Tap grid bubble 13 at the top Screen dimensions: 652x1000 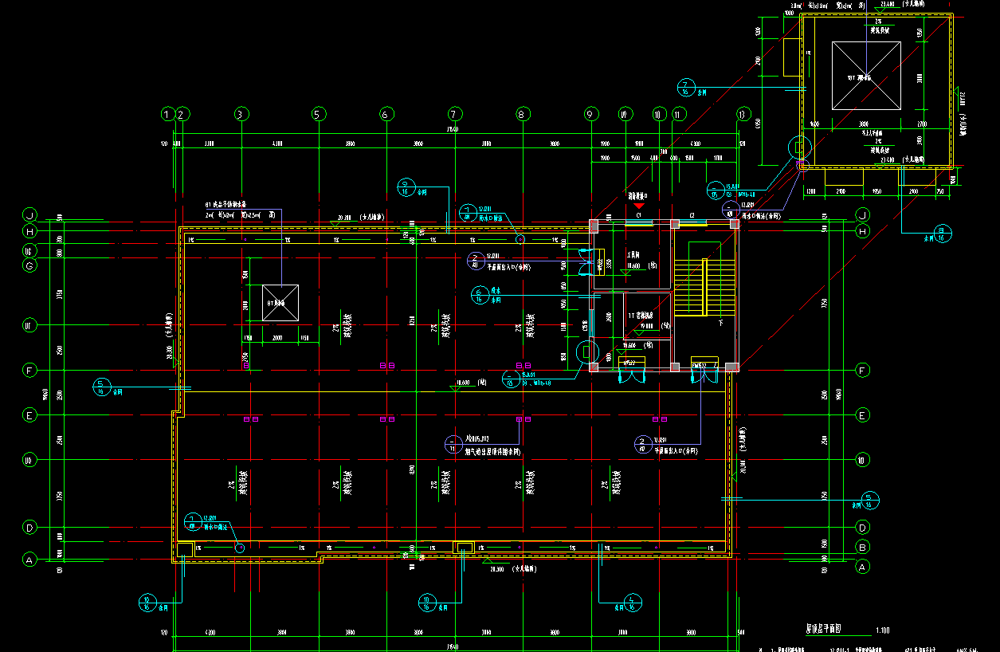coord(744,114)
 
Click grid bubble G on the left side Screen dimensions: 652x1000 coord(30,266)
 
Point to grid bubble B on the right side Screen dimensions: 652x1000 coord(861,547)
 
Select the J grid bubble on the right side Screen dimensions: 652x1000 coord(861,215)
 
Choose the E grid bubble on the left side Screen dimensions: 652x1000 coord(30,415)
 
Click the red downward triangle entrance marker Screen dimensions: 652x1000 coord(638,206)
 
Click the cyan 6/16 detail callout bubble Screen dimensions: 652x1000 coord(478,295)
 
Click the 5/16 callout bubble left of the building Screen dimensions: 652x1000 coord(101,387)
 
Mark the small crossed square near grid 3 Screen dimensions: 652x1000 coord(280,303)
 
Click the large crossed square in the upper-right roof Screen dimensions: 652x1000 coord(866,75)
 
